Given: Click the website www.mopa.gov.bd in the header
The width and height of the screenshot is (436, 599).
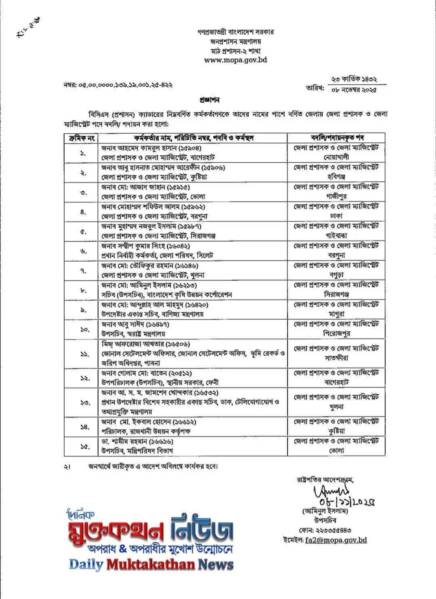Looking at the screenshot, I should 235,60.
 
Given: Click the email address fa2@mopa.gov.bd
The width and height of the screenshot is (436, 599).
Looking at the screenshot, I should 336,540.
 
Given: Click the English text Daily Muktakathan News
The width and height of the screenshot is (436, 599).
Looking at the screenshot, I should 151,564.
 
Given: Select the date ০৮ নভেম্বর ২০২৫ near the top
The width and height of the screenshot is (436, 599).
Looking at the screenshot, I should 354,90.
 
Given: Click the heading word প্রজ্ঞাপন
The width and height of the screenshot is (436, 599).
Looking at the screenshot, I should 210,100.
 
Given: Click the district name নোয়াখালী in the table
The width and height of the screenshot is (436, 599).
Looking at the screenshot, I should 336,157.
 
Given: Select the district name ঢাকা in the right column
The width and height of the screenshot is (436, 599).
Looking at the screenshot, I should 336,216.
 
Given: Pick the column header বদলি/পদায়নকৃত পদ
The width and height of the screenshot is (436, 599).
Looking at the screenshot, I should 336,138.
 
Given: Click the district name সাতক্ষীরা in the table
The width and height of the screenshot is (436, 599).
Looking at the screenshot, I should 336,358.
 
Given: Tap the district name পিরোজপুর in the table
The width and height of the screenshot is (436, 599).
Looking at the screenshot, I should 336,334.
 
